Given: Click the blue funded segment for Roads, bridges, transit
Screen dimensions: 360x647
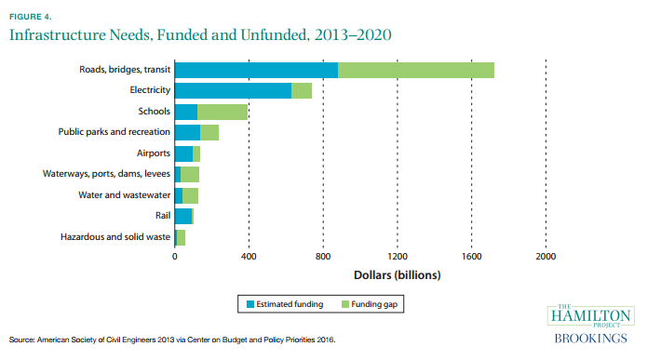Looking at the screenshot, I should [x=256, y=70].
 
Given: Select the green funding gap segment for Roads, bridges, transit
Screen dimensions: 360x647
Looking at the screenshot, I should [x=415, y=70].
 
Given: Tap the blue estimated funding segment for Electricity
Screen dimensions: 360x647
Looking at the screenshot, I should [x=233, y=90].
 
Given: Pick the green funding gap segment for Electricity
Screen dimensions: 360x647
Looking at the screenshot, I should [x=302, y=90].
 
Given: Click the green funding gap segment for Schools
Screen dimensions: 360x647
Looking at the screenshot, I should [x=222, y=112].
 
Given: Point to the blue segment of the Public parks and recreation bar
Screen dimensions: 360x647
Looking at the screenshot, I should [x=187, y=132].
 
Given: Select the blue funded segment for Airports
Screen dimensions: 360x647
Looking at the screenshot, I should [x=183, y=153].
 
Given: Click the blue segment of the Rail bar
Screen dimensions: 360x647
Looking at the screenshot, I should [x=182, y=216].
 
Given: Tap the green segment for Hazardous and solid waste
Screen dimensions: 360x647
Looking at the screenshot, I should [x=181, y=237].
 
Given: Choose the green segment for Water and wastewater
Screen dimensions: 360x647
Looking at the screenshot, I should [x=191, y=195].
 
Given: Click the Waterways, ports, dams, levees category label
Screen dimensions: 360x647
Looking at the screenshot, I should [x=106, y=174].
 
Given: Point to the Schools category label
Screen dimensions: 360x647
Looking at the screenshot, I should [x=154, y=112].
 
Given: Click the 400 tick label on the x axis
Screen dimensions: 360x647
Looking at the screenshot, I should [x=249, y=257].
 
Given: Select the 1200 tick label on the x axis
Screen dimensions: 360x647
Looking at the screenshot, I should [x=398, y=257].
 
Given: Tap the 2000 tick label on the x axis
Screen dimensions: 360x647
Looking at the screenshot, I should [x=546, y=257].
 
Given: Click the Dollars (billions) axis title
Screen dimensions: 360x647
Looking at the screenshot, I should [x=397, y=275].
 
